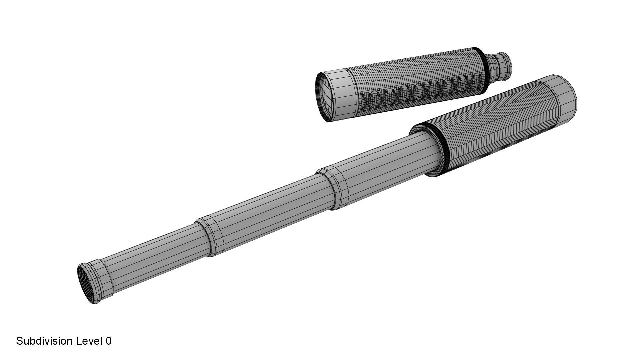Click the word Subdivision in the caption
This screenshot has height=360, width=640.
[x=45, y=341]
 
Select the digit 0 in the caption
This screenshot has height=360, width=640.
[x=109, y=341]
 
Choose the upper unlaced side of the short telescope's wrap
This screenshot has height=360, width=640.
[x=417, y=72]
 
